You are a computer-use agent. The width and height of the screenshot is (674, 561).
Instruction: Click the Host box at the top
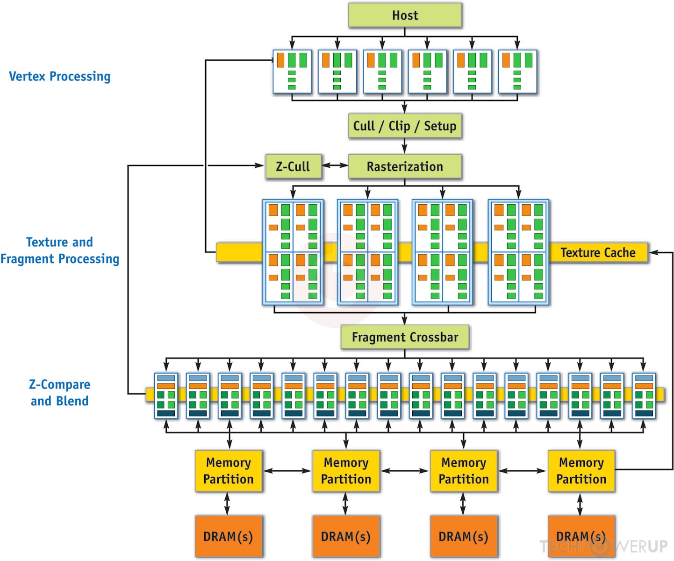coord(405,15)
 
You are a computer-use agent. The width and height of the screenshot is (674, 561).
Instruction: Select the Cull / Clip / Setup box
coord(405,126)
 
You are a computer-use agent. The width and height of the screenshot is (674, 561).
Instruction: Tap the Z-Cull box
coord(293,166)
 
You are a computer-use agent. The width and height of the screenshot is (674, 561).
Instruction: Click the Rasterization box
coord(405,166)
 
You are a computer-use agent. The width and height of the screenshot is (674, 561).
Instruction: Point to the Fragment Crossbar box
coord(405,337)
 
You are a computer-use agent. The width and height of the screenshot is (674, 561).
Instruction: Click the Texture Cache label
coord(598,252)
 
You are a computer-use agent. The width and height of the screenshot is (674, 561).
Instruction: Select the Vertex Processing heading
coord(60,76)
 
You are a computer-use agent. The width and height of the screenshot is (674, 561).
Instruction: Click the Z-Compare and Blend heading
coord(59,393)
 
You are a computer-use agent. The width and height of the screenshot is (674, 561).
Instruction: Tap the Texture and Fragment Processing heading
coord(60,251)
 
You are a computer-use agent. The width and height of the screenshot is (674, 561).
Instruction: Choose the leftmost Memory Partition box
coord(229,471)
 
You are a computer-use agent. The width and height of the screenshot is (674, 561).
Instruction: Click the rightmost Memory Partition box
coord(581,471)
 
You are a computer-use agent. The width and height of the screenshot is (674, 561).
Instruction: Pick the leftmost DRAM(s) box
coord(229,536)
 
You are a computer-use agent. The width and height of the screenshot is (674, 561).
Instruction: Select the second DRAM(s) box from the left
coord(346,536)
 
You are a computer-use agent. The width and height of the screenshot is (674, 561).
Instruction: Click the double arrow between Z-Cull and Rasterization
coord(335,165)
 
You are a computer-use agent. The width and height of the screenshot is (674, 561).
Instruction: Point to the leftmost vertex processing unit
coord(292,72)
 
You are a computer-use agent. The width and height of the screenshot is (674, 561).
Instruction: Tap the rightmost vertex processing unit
coord(517,72)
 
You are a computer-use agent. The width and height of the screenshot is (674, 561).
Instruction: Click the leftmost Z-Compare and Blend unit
coord(166,396)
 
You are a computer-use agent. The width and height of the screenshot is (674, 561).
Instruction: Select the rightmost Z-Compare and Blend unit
coord(644,396)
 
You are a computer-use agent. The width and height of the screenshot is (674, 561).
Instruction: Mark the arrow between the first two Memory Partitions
coord(287,471)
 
